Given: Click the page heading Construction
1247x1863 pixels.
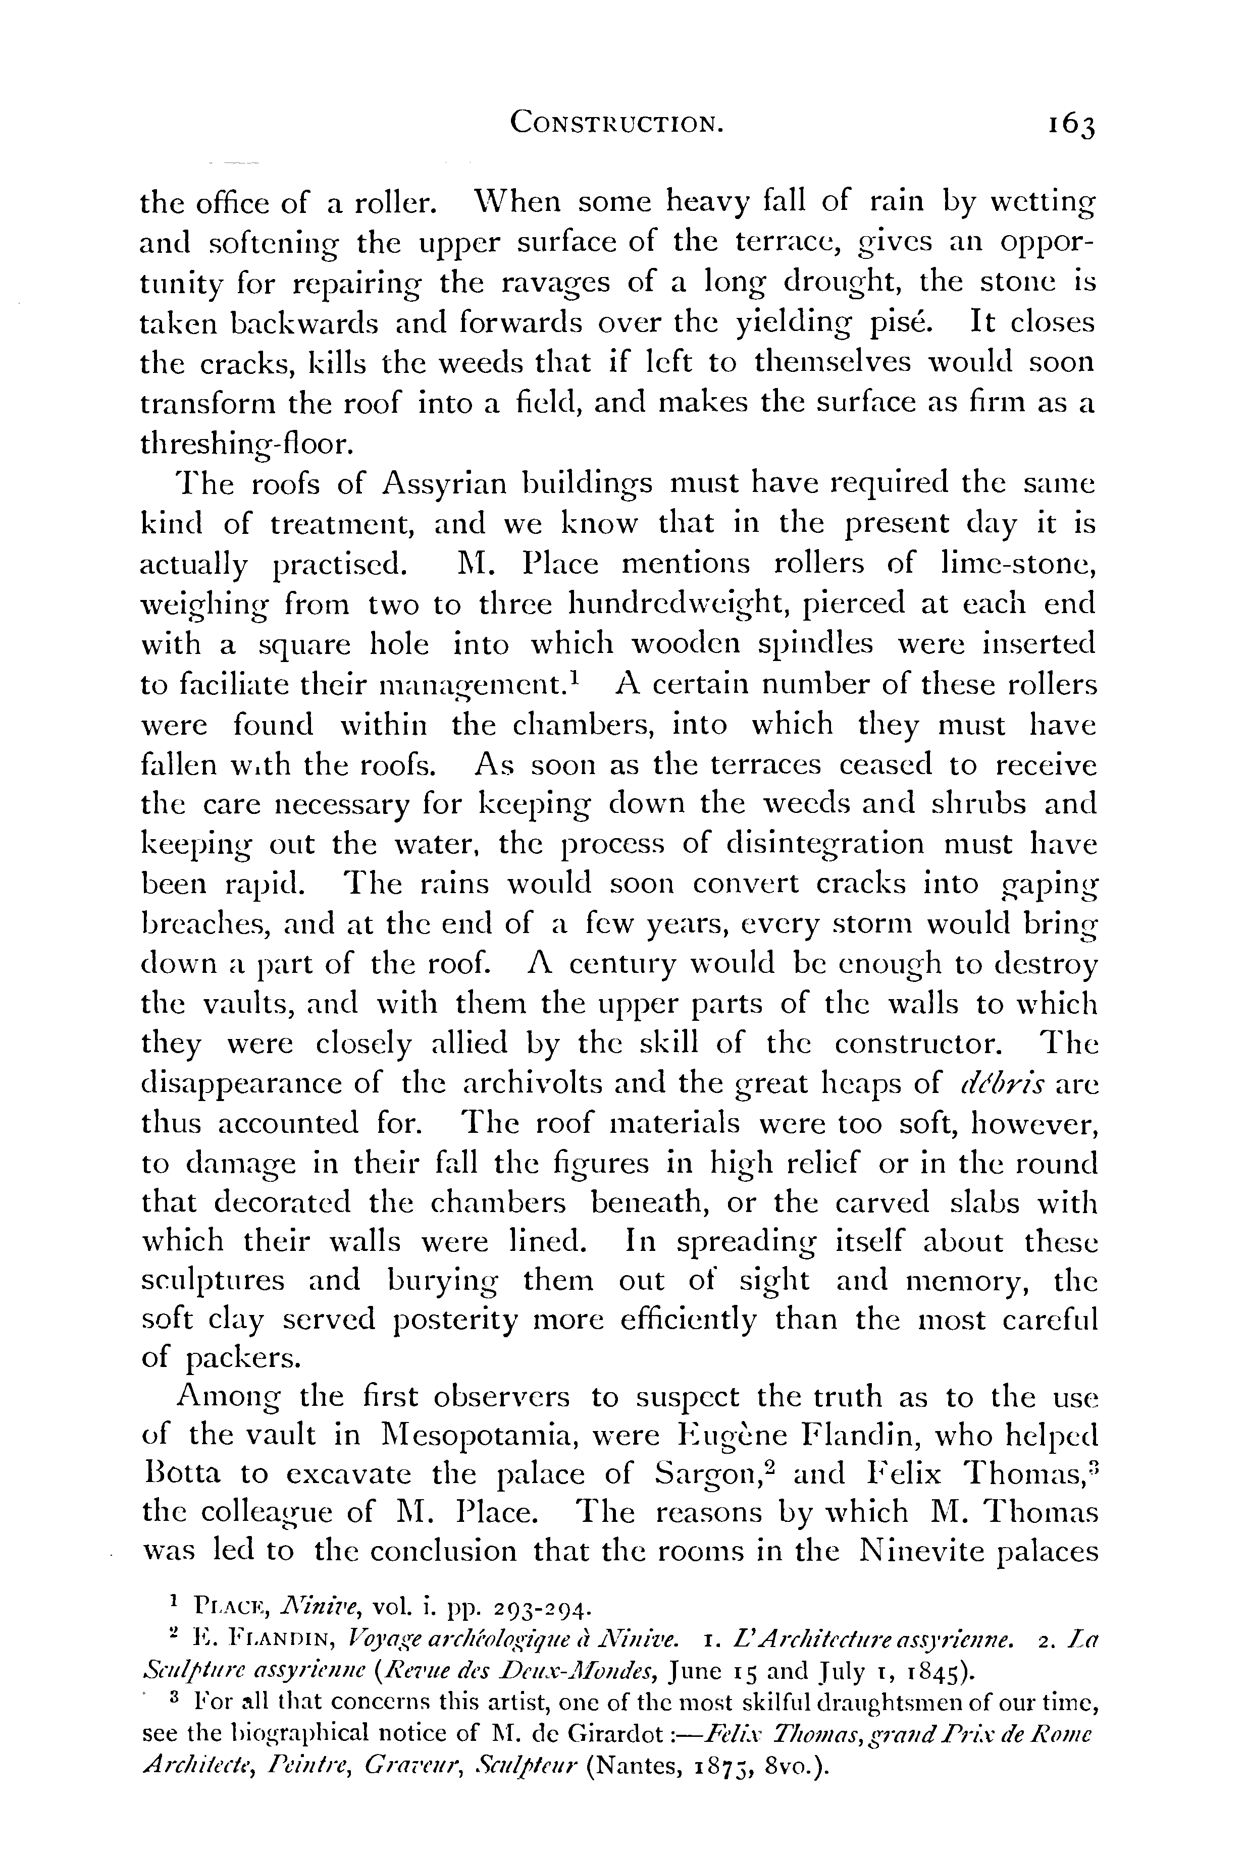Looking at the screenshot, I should tap(616, 123).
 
